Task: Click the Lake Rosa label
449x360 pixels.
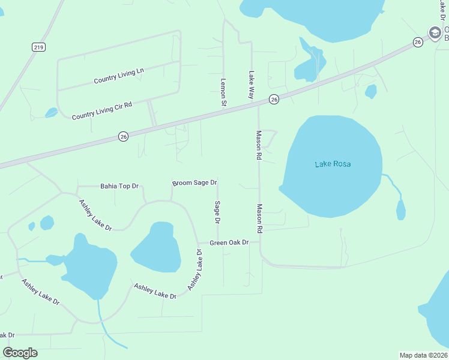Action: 333,164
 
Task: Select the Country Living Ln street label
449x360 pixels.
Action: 119,76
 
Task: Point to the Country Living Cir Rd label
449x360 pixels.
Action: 101,110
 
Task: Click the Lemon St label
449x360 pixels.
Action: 223,92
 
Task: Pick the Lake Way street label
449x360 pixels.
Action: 252,85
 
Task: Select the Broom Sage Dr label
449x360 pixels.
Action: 194,182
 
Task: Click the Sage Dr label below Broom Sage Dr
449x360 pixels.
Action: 217,212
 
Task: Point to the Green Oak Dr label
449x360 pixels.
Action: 229,242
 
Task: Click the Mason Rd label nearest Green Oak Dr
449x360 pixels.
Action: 260,218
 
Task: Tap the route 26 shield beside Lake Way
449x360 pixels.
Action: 274,99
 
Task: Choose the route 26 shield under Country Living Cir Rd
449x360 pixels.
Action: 123,137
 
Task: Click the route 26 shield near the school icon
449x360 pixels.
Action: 418,41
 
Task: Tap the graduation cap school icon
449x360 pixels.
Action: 434,32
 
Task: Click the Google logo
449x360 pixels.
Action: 20,353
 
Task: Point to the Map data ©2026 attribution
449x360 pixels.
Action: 423,355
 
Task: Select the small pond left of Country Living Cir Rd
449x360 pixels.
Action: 51,112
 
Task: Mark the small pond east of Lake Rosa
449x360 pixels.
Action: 400,209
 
